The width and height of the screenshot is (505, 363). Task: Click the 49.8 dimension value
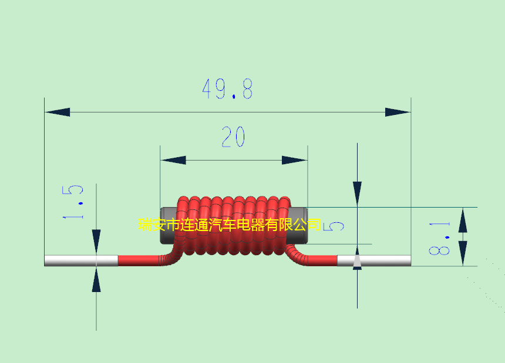227,89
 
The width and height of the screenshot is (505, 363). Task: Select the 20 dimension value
233,137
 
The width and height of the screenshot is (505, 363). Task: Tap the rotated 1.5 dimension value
73,202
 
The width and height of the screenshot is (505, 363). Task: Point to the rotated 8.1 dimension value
439,238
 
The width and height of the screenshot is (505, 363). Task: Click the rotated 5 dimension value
334,226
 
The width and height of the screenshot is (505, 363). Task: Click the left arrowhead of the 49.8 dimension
58,112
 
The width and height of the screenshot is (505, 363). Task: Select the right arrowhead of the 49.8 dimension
398,112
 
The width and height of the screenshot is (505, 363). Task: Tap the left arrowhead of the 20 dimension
173,160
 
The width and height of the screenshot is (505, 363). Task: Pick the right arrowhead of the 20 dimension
294,160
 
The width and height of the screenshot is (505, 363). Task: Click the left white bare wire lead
81,261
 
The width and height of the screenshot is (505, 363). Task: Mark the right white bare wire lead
374,261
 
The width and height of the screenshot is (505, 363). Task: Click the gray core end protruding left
168,225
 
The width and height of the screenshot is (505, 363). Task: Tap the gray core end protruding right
298,225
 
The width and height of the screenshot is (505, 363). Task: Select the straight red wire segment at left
139,261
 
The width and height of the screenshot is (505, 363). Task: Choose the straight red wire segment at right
322,261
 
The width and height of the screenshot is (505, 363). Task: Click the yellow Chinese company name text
230,225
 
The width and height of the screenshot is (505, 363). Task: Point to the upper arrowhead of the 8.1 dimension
463,220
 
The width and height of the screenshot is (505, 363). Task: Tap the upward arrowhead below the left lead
96,280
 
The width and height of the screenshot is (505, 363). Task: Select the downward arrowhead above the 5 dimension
357,194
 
